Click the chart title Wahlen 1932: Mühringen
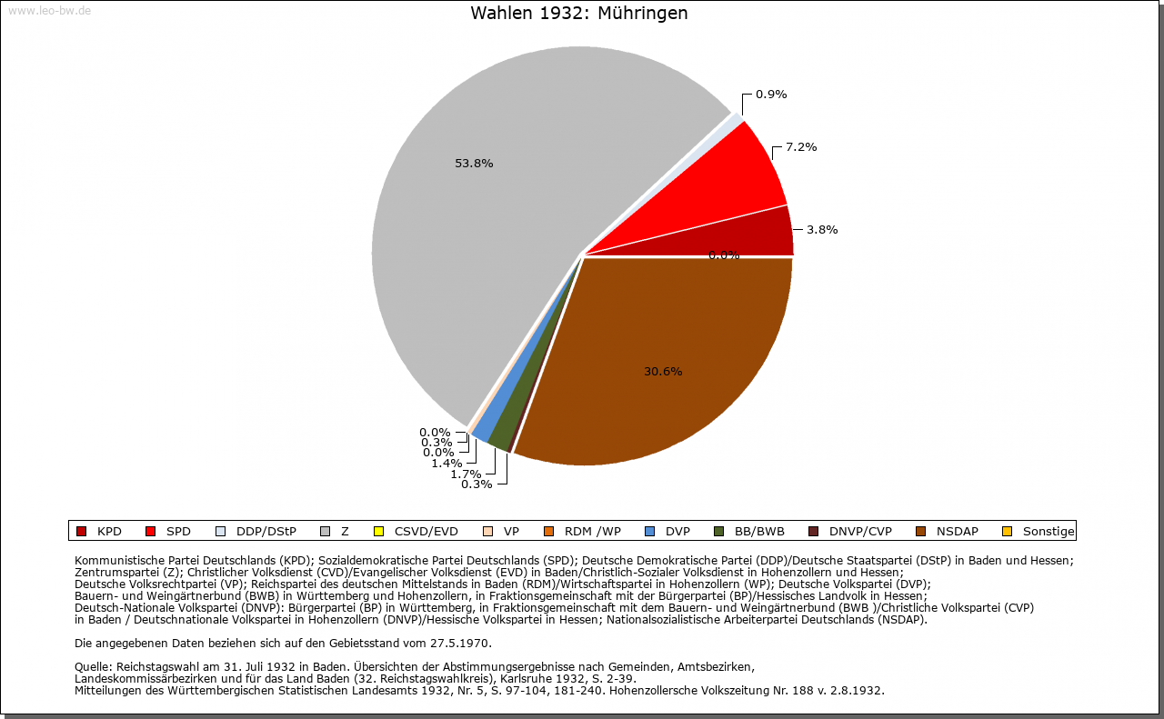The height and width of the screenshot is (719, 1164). tap(578, 14)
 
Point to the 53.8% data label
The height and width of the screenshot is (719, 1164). tap(474, 164)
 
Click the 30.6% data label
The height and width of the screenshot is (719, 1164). tap(663, 371)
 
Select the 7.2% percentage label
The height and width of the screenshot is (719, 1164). tap(801, 147)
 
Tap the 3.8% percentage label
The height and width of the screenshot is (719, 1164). tap(822, 230)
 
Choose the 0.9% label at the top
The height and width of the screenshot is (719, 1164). tap(771, 95)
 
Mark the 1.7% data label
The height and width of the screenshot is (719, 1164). tap(466, 474)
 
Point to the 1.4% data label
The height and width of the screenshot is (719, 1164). tap(447, 463)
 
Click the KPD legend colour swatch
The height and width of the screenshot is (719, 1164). tap(81, 531)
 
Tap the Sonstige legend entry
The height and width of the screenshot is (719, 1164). tap(1048, 531)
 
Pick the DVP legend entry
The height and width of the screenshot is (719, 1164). tap(677, 531)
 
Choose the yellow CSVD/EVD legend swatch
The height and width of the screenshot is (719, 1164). tap(379, 531)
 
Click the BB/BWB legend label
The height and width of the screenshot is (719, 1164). tap(759, 531)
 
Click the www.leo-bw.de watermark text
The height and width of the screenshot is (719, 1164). tap(48, 10)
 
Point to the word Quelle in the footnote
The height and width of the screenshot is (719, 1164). tap(94, 667)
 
